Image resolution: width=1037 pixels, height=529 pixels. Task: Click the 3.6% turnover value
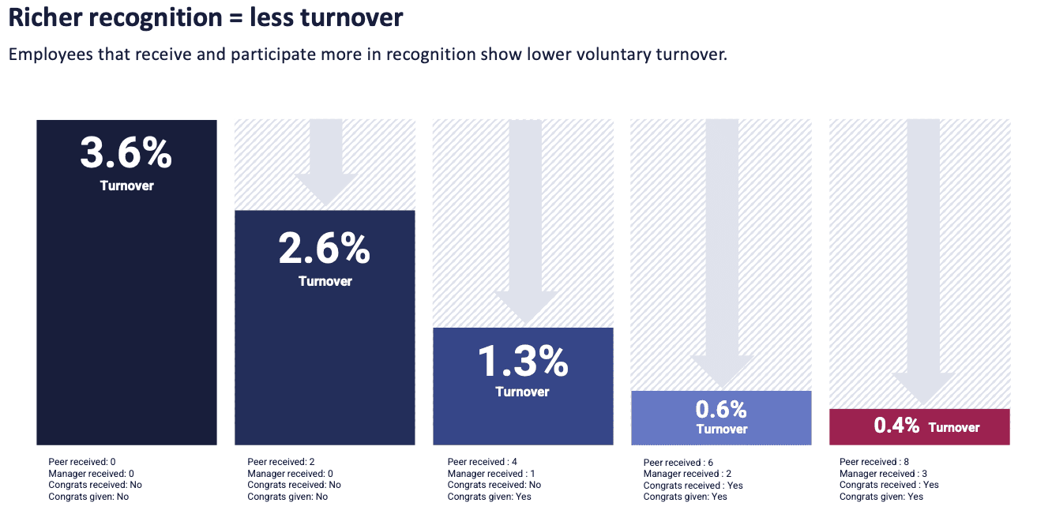tap(126, 153)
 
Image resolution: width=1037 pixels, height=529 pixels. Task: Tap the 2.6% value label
tap(324, 249)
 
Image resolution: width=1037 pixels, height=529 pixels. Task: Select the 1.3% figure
tap(522, 362)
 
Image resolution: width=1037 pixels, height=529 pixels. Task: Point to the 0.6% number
tap(720, 409)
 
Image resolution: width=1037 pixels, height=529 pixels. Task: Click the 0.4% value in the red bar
tap(896, 426)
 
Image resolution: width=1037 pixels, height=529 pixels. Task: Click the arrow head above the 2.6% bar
tap(325, 189)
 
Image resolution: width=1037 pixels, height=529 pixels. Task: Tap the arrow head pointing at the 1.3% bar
tap(526, 308)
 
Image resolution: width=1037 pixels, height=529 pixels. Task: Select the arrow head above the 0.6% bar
tap(723, 371)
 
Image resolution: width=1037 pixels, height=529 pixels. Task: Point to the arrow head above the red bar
tap(920, 390)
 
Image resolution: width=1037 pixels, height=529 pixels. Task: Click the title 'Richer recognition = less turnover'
tap(205, 17)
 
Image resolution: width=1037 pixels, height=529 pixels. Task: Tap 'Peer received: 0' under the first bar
tap(81, 462)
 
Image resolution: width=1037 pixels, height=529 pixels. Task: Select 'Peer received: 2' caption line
tap(281, 462)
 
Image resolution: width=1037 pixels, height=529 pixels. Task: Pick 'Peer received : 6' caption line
tap(678, 463)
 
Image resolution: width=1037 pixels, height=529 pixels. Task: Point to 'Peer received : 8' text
tap(874, 462)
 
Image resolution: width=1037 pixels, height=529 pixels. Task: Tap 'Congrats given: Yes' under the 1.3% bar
tap(489, 497)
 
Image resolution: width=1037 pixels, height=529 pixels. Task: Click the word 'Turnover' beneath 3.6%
tap(126, 186)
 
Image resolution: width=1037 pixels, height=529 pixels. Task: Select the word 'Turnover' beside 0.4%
tap(953, 427)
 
